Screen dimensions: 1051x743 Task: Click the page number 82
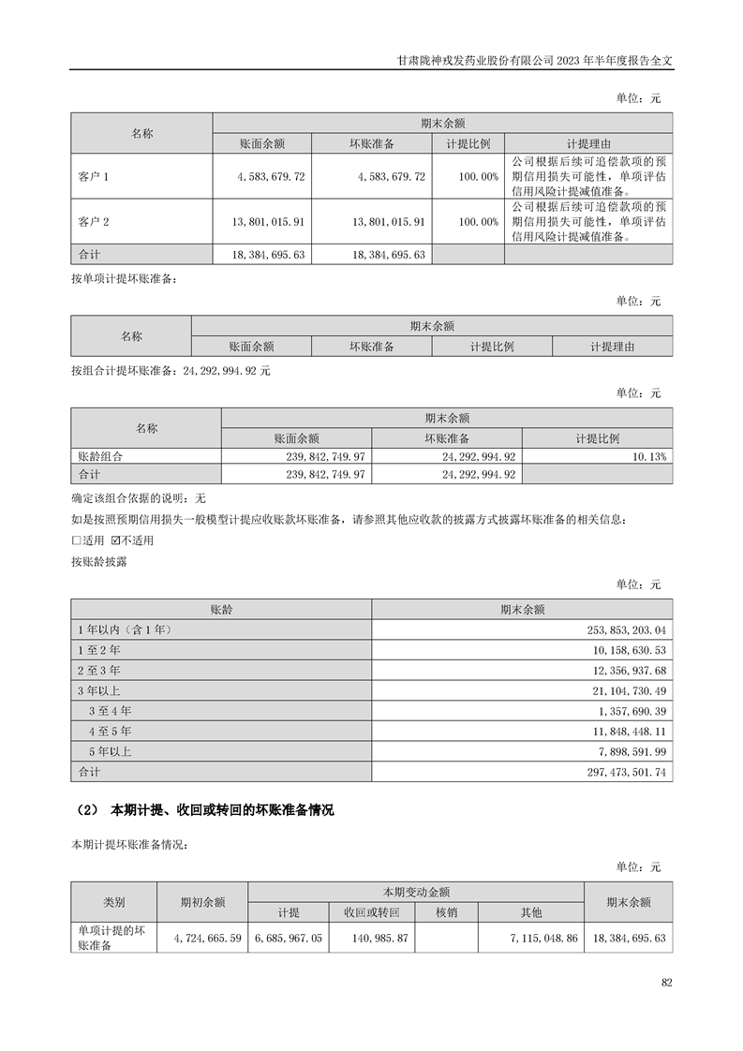click(x=666, y=982)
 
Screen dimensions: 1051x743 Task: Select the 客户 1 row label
click(x=95, y=175)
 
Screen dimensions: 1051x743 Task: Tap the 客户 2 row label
click(x=95, y=222)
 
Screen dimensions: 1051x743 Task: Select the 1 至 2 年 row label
click(x=98, y=650)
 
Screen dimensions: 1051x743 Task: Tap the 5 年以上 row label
click(x=110, y=752)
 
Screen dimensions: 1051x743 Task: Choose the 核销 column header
click(x=446, y=912)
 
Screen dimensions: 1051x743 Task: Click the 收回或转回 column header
click(x=371, y=912)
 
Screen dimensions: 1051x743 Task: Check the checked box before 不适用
click(x=116, y=540)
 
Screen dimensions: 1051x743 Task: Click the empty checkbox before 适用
click(x=76, y=540)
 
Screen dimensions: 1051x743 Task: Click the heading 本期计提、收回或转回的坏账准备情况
click(x=222, y=810)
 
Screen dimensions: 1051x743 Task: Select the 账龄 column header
click(x=221, y=609)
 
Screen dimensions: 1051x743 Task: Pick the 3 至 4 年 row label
click(x=110, y=711)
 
